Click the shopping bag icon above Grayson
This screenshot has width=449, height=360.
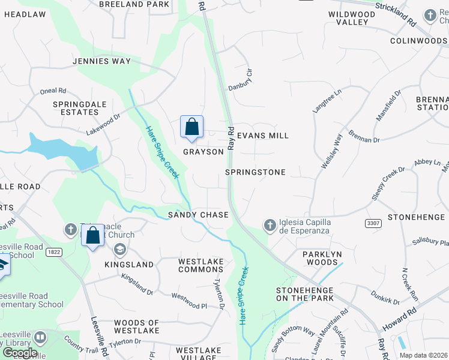click(191, 127)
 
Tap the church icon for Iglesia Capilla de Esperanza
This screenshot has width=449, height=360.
click(270, 225)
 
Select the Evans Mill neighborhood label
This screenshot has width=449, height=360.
click(263, 136)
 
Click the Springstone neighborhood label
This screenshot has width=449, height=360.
click(255, 172)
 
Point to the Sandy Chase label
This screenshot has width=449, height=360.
click(198, 215)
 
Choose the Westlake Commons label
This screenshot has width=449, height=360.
click(201, 265)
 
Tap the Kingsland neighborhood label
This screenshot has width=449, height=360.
click(129, 265)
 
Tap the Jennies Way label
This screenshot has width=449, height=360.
click(101, 61)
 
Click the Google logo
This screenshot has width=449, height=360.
click(20, 352)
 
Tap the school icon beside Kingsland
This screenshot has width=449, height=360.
click(121, 249)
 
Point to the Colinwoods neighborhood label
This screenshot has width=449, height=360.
click(418, 41)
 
